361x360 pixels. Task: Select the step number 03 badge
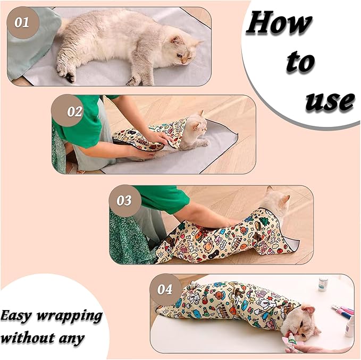(124, 201)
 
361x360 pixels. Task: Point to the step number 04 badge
(165, 289)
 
